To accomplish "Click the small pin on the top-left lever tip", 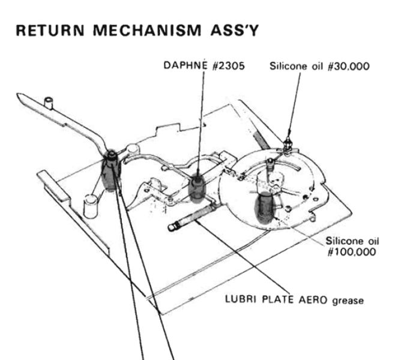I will (49, 103).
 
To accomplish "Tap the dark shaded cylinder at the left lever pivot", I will (111, 172).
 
